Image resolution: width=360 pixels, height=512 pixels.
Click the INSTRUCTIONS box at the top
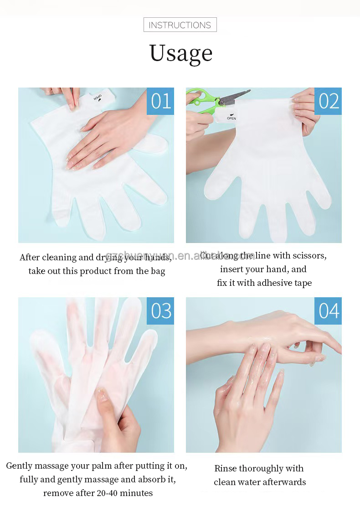point(180,25)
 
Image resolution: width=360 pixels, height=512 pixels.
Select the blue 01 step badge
point(160,101)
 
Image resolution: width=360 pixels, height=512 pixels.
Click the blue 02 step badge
point(328,101)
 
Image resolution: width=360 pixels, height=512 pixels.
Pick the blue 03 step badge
point(160,311)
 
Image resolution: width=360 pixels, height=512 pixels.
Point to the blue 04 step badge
point(328,311)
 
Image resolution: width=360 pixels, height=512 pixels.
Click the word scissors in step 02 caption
point(309,255)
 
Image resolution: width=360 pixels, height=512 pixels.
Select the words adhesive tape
point(284,283)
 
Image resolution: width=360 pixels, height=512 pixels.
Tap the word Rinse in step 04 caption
point(226,468)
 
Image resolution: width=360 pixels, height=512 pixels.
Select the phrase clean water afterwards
point(260,482)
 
